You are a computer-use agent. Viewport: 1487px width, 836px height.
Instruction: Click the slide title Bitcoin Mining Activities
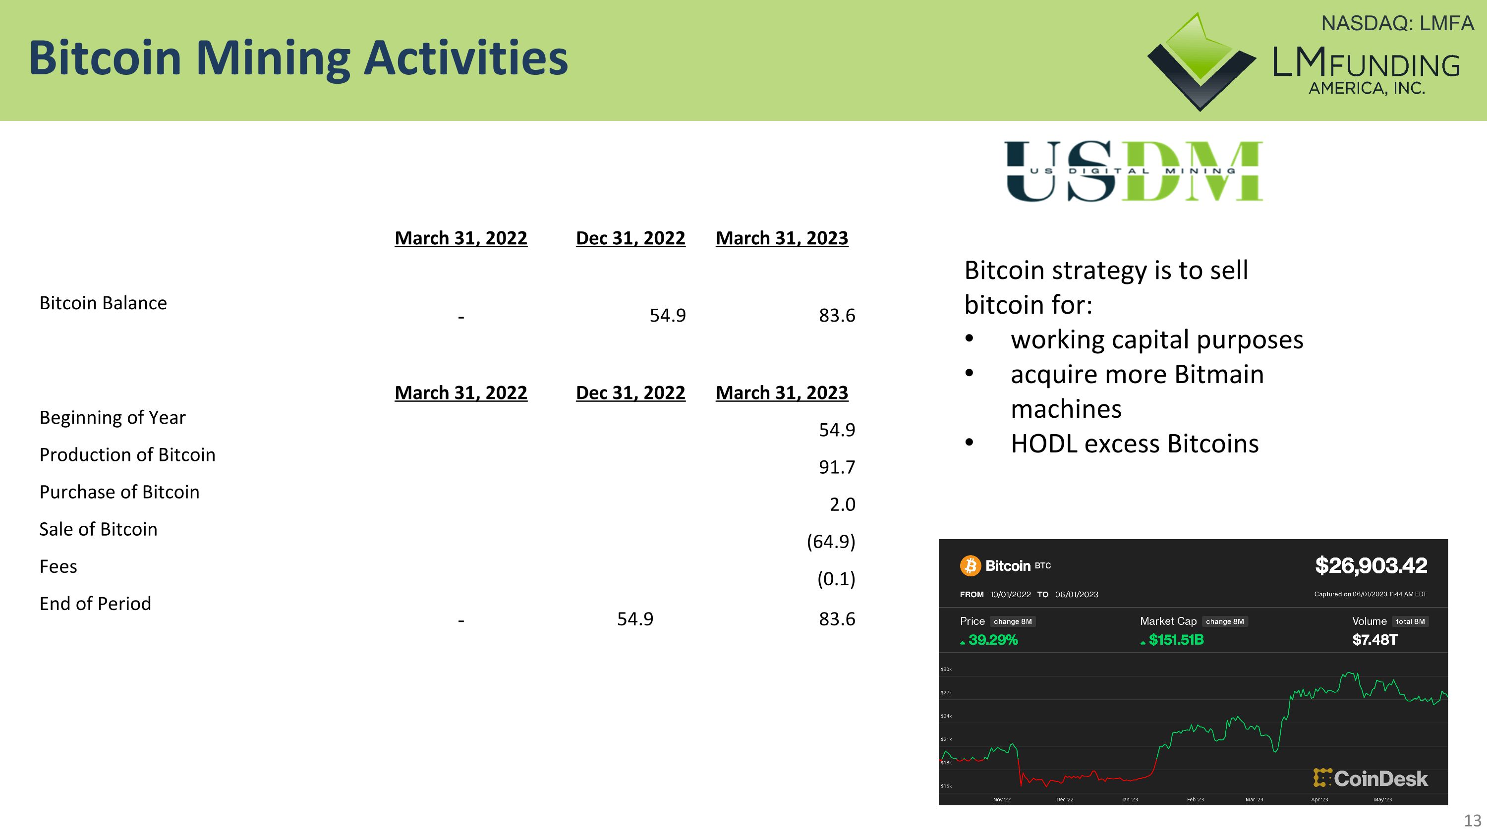pyautogui.click(x=298, y=58)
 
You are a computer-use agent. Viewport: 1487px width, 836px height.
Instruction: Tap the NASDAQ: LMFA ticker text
pyautogui.click(x=1397, y=24)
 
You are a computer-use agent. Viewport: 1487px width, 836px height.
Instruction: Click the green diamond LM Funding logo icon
pyautogui.click(x=1200, y=60)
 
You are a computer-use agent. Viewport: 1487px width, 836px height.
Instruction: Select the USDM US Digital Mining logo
pyautogui.click(x=1133, y=171)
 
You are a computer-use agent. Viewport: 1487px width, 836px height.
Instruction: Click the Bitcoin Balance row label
pyautogui.click(x=103, y=303)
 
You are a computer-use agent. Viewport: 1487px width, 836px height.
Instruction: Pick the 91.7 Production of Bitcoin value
pyautogui.click(x=837, y=467)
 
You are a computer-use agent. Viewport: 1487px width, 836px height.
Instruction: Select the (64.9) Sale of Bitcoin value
pyautogui.click(x=830, y=541)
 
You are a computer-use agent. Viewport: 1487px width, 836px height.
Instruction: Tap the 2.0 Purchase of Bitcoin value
pyautogui.click(x=842, y=504)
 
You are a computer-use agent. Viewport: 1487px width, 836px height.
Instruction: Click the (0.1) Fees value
pyautogui.click(x=835, y=578)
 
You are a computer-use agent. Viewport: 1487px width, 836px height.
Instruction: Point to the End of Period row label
pyautogui.click(x=95, y=604)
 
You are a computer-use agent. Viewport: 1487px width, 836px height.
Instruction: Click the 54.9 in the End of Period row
pyautogui.click(x=635, y=619)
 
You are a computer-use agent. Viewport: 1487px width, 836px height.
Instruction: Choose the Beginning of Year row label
pyautogui.click(x=113, y=417)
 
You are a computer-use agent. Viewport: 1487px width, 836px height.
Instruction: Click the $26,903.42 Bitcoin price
pyautogui.click(x=1371, y=565)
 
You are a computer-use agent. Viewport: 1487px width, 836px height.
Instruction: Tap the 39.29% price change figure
pyautogui.click(x=992, y=640)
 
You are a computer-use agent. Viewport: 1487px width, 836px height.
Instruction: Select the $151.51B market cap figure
pyautogui.click(x=1175, y=640)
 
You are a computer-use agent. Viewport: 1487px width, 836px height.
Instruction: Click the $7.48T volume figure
pyautogui.click(x=1374, y=640)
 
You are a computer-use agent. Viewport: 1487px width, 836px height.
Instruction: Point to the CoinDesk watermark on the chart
pyautogui.click(x=1371, y=779)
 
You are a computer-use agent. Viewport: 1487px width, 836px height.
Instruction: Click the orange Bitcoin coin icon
pyautogui.click(x=971, y=565)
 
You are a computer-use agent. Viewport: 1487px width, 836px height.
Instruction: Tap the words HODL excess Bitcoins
pyautogui.click(x=1134, y=444)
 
